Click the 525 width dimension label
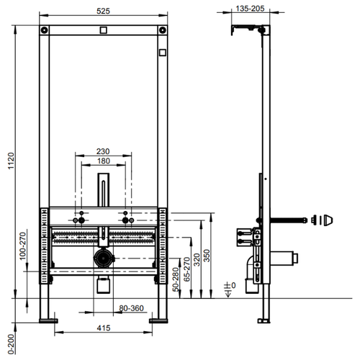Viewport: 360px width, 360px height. [x=103, y=11]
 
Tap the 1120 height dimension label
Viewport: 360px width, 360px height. [x=12, y=161]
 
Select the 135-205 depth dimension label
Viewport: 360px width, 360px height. [x=250, y=9]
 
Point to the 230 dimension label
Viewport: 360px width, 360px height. [x=103, y=151]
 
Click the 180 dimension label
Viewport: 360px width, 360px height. [x=104, y=161]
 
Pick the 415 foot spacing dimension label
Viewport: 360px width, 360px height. [x=104, y=328]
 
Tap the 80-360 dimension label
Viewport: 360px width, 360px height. [x=131, y=308]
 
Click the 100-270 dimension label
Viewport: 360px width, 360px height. [x=22, y=246]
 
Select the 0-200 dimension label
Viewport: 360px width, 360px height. [x=12, y=344]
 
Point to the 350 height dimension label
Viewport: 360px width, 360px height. [x=207, y=256]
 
